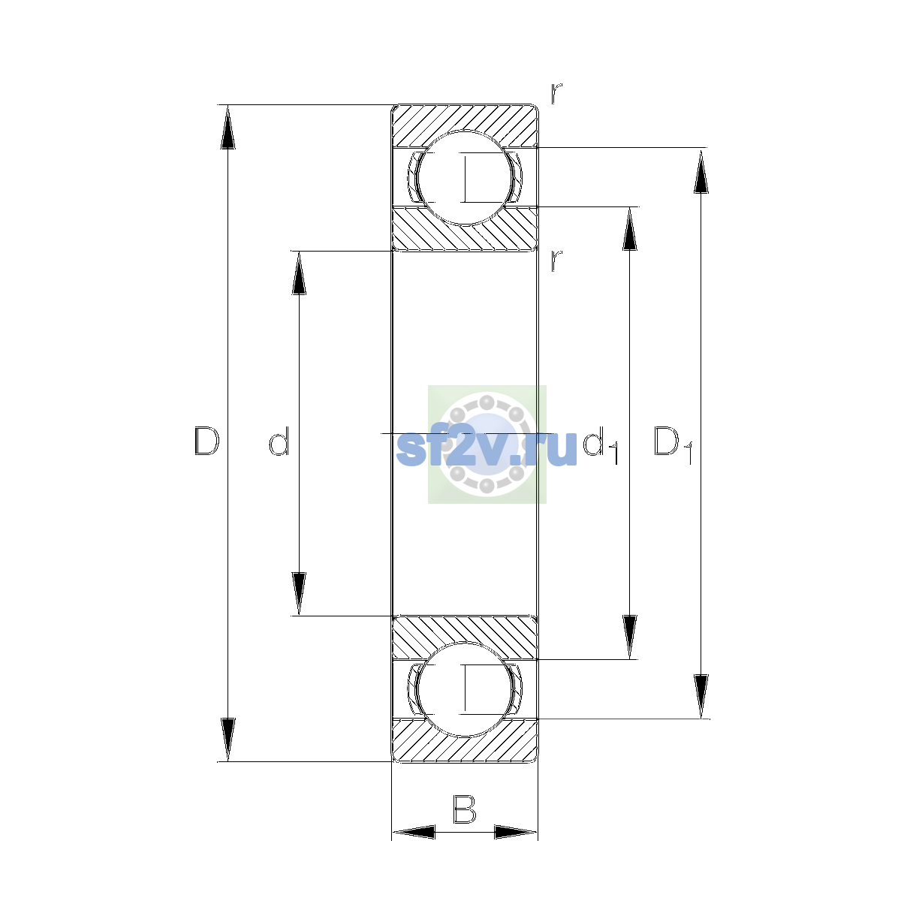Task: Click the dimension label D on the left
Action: (206, 441)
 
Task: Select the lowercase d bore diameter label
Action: (279, 441)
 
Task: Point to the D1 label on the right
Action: (673, 444)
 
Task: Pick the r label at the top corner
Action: (556, 93)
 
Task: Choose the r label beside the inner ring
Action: (556, 261)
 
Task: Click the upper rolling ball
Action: (465, 178)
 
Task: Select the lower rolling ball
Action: (465, 690)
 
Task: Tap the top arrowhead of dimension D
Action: (228, 127)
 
